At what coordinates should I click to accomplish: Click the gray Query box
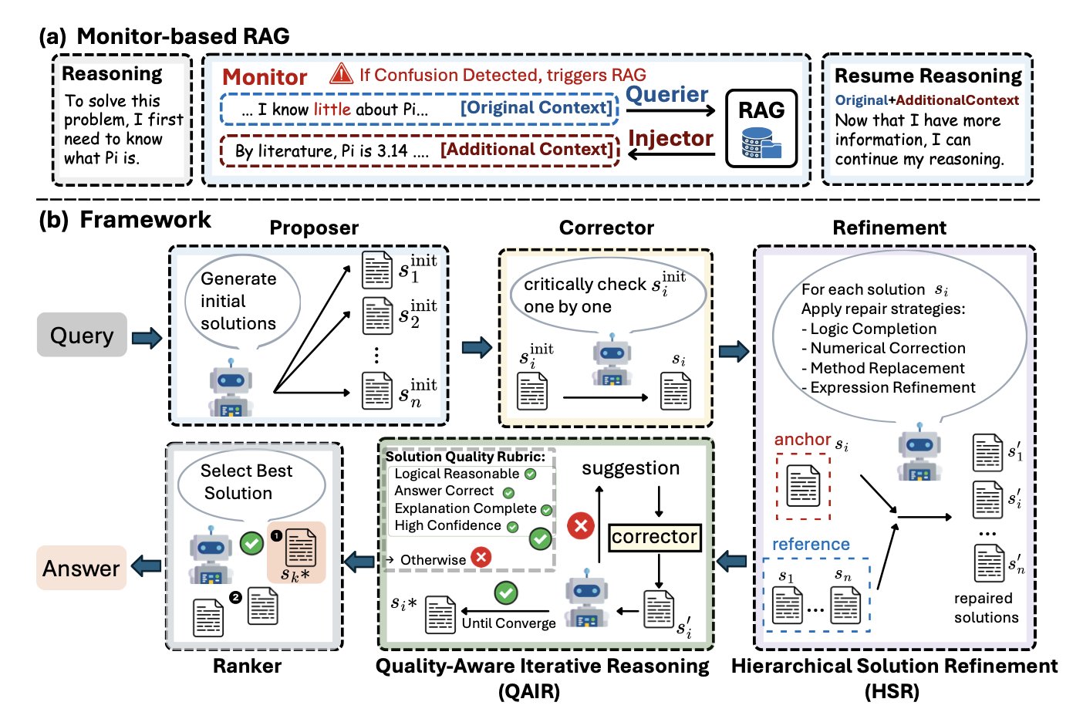[x=82, y=335]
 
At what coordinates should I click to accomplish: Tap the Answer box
[x=81, y=569]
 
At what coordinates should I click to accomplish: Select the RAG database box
[x=761, y=128]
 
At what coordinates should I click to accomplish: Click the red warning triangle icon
[x=341, y=74]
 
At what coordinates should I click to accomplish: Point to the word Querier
[x=666, y=94]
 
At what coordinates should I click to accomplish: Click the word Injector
[x=670, y=138]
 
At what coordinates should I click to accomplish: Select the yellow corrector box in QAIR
[x=654, y=537]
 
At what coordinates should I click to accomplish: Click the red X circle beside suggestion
[x=580, y=526]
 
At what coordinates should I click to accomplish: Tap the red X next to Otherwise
[x=481, y=556]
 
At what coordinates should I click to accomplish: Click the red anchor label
[x=802, y=439]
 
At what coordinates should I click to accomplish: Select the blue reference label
[x=811, y=544]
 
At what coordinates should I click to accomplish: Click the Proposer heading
[x=314, y=228]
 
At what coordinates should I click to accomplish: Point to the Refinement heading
[x=889, y=228]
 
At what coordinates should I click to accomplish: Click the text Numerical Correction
[x=887, y=348]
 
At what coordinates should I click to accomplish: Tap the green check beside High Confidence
[x=512, y=527]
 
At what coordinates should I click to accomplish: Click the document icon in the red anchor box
[x=802, y=486]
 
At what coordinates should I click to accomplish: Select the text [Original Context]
[x=536, y=108]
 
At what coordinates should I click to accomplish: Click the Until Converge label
[x=508, y=623]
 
